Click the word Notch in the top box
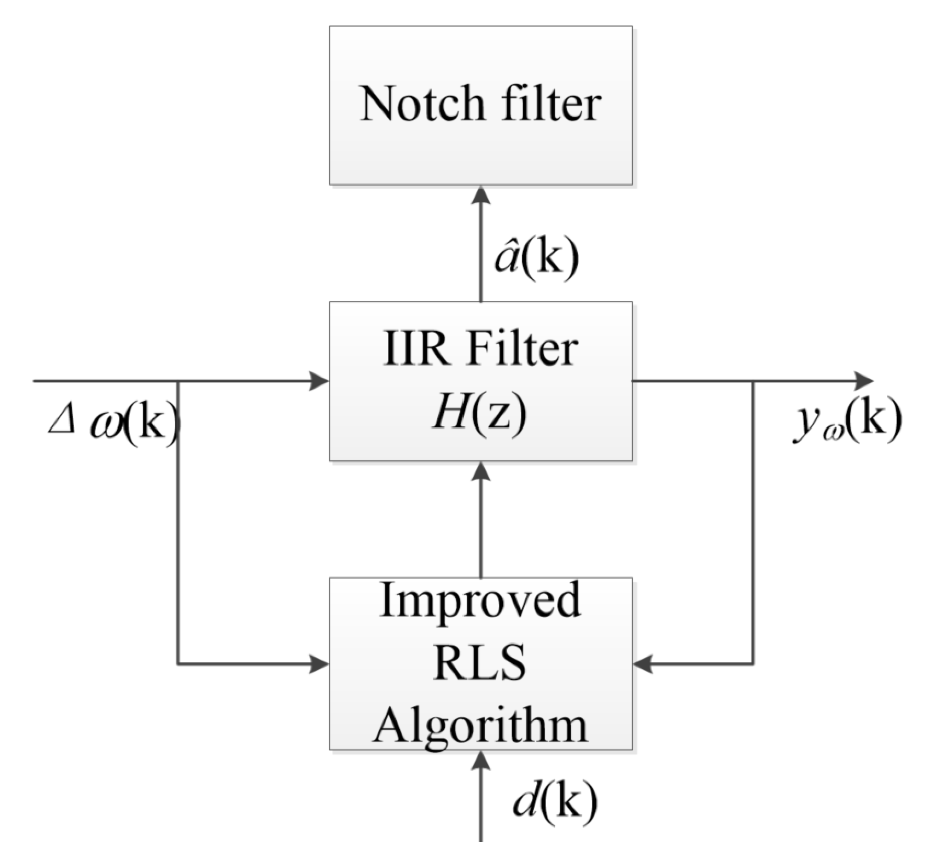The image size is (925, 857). click(x=421, y=104)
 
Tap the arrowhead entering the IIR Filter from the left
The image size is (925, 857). click(x=319, y=381)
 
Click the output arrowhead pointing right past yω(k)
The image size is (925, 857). click(x=864, y=381)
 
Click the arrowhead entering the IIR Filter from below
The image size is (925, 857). click(x=481, y=471)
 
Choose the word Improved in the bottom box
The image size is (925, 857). click(x=480, y=601)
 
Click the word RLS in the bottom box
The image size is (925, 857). click(x=480, y=662)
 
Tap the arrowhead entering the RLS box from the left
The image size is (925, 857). click(x=319, y=665)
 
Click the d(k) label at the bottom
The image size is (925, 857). click(x=555, y=802)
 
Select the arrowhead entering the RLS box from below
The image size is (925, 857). click(x=481, y=760)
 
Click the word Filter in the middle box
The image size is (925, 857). click(x=522, y=349)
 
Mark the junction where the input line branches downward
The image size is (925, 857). click(x=178, y=381)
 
